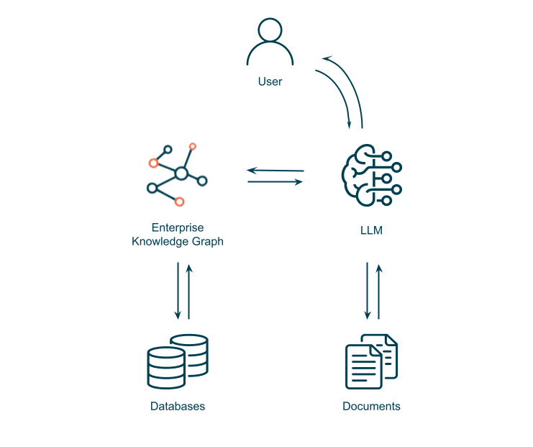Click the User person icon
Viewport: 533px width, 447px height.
270,42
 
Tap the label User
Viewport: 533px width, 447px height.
270,82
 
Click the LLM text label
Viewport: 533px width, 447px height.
371,231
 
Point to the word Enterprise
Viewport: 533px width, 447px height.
178,227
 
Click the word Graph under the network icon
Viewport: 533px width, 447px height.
206,242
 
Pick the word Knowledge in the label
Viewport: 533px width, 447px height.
158,242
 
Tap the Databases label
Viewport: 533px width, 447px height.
178,406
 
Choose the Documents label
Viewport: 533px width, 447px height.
371,406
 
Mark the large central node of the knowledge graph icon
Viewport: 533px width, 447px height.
181,173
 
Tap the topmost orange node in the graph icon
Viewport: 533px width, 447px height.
193,146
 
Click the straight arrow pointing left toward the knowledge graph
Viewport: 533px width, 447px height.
275,171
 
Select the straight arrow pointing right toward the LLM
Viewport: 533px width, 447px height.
275,182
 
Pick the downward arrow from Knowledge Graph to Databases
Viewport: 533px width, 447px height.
178,292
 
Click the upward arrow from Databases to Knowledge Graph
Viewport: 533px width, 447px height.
189,292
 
